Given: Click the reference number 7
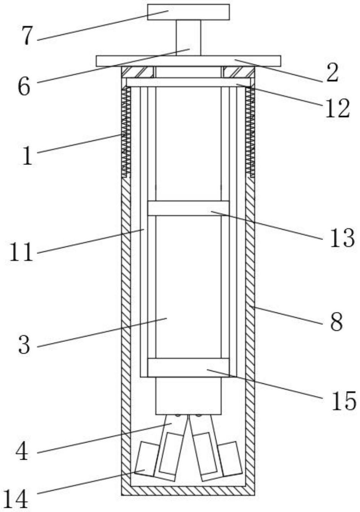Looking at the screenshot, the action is pos(27,36).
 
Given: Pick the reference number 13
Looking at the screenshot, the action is pos(342,238).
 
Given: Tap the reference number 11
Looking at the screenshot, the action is pos(21,252).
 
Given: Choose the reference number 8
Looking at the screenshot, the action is pos(336,322).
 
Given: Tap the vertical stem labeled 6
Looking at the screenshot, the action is pos(189,38).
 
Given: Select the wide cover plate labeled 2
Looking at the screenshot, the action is pos(189,61).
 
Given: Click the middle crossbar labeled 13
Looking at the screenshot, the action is pos(188,208).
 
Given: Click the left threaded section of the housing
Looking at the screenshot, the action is pos(126,132).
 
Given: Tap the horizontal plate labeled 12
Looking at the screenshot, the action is pos(189,82).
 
